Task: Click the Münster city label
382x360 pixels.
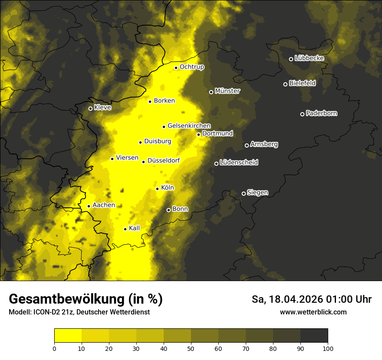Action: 227,91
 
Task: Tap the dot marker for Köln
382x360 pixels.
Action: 158,189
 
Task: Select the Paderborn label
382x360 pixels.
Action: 322,113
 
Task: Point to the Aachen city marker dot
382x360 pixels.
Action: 89,206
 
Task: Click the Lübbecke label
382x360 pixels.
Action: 310,58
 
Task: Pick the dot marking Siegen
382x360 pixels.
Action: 244,193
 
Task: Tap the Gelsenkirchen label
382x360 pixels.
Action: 189,126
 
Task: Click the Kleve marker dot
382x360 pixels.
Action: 91,108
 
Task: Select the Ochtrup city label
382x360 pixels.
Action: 192,67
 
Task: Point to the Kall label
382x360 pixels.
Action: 135,228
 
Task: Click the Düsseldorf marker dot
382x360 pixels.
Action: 144,162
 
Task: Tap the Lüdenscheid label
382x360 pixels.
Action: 239,163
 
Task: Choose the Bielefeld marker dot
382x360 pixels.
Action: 286,84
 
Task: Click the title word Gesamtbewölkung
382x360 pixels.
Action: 65,299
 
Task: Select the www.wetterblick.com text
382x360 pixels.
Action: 313,312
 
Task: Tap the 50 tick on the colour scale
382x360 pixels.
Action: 191,348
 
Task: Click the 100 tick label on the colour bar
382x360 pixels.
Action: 328,348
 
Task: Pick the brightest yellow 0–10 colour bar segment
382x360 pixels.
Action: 68,335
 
